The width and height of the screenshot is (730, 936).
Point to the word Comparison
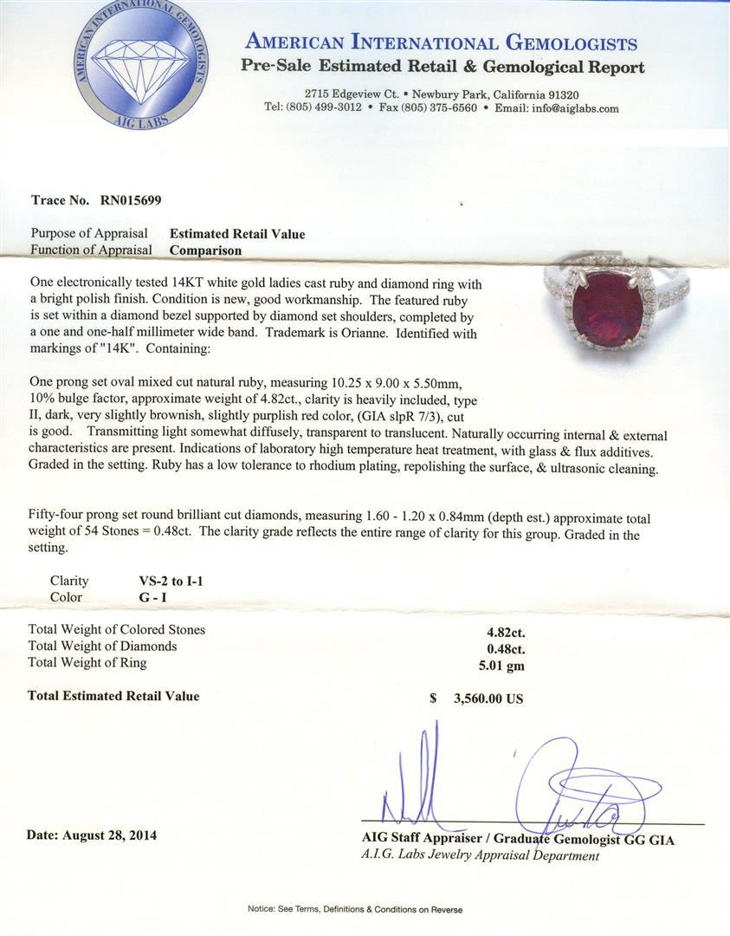coord(205,250)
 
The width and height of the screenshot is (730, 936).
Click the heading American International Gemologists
coord(442,42)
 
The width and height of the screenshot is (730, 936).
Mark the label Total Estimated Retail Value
coord(113,696)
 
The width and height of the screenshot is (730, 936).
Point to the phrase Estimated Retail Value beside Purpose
coord(237,234)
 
